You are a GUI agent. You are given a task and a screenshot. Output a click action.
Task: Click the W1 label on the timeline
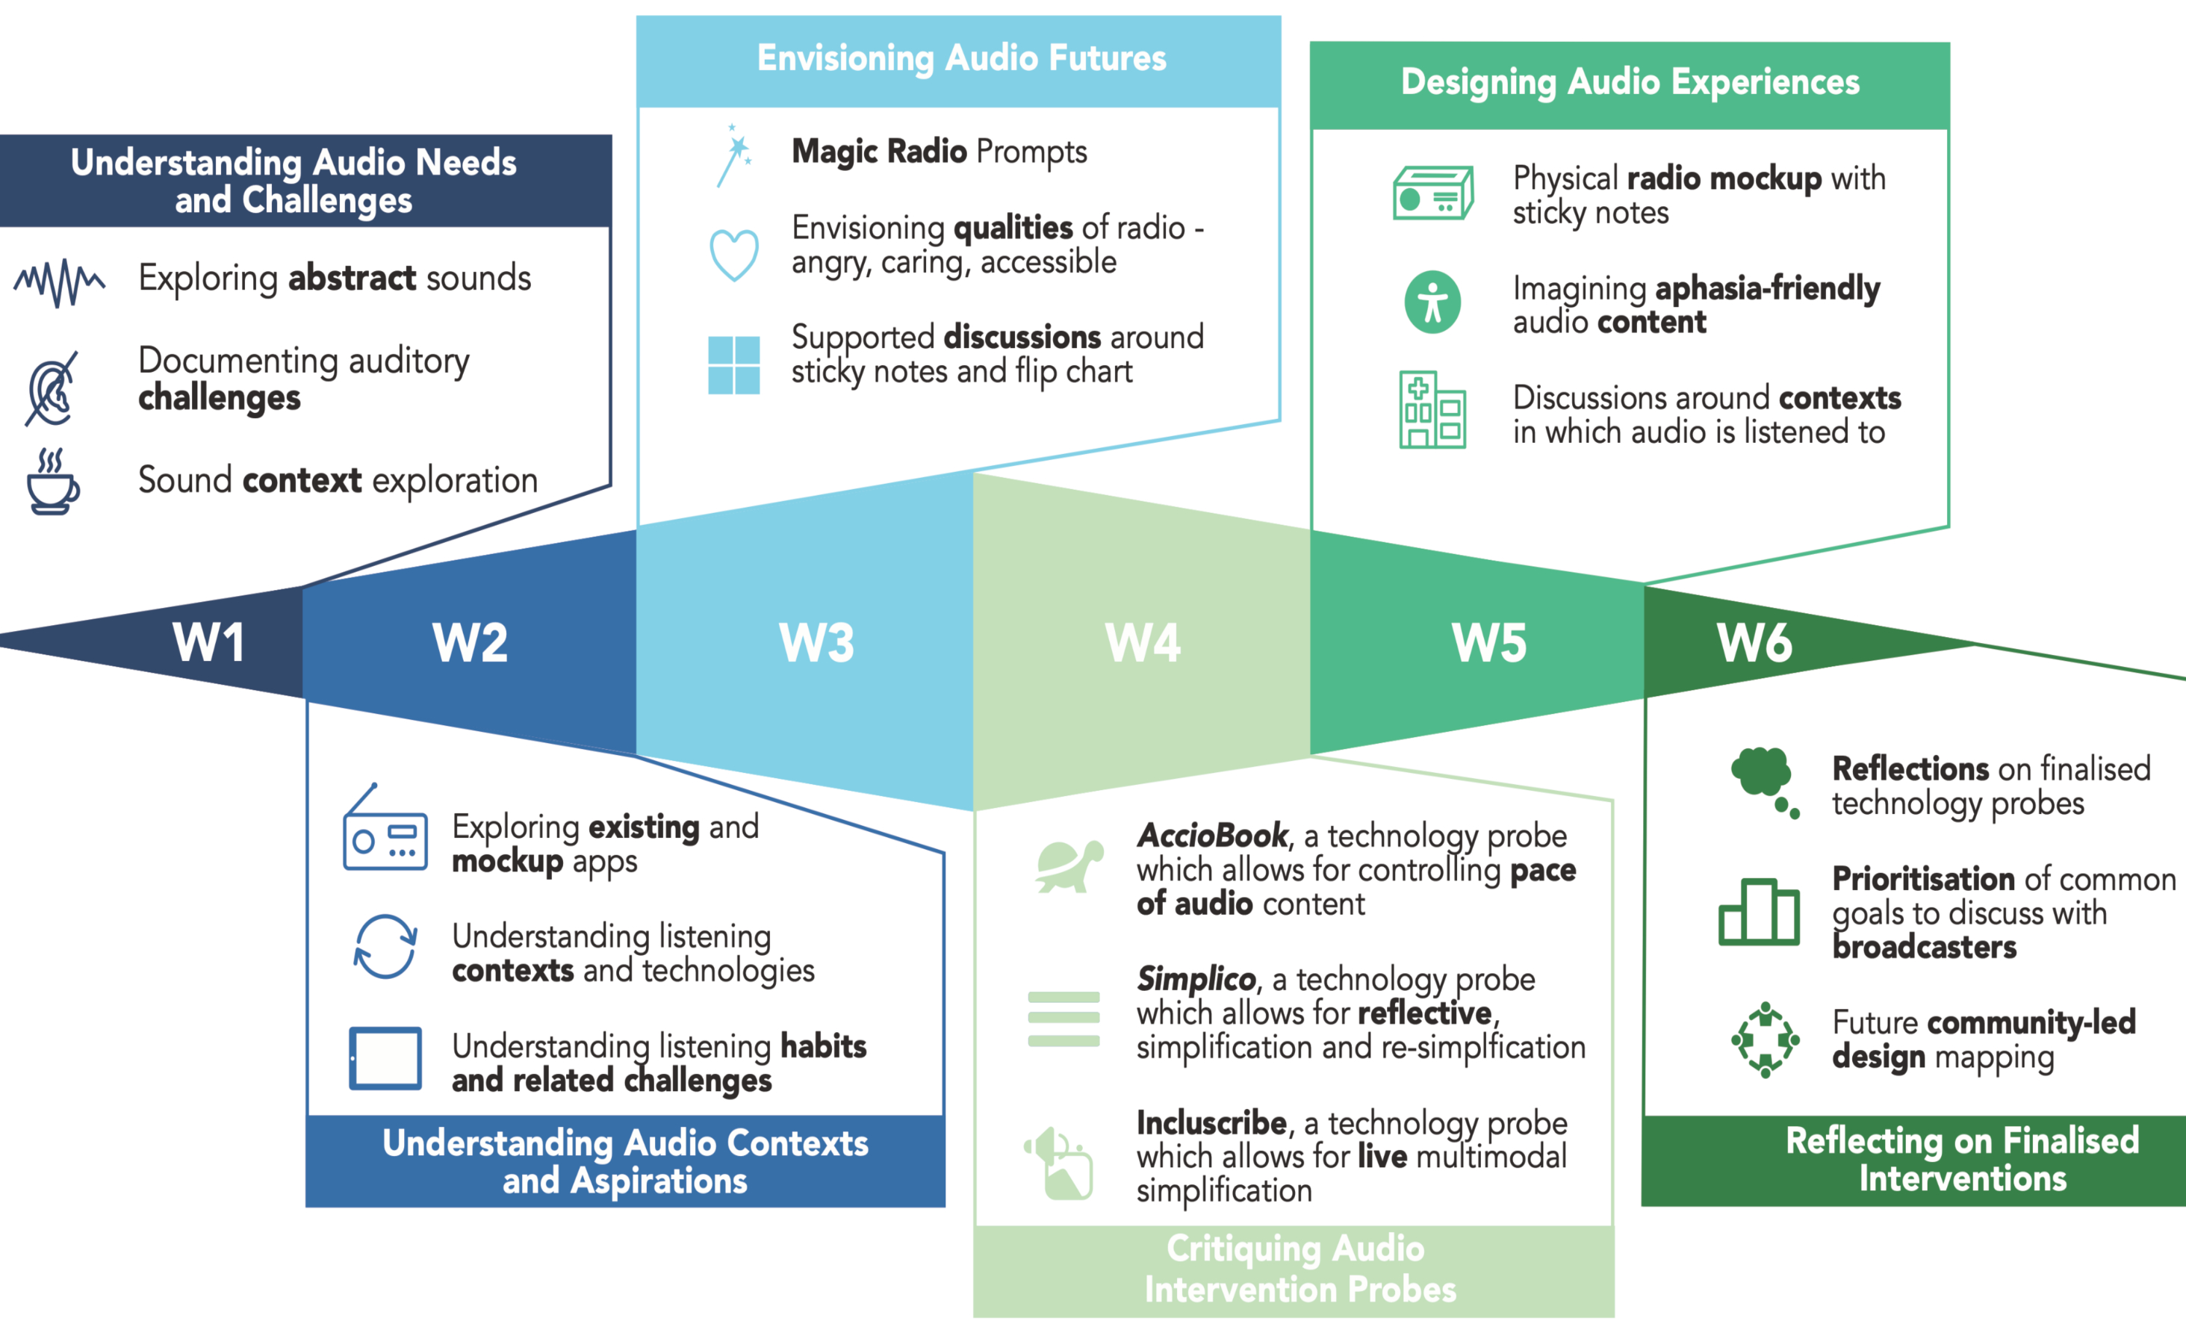(x=208, y=642)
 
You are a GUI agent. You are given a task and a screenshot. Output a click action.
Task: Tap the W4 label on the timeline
(x=1143, y=642)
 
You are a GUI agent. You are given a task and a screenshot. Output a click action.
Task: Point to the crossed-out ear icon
(x=52, y=388)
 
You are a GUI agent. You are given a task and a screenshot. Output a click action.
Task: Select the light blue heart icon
(x=733, y=255)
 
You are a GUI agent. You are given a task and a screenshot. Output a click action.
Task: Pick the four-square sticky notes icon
(x=733, y=364)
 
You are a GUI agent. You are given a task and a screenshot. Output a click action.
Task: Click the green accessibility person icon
(x=1432, y=302)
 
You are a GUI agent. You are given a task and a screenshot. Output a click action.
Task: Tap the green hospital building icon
(x=1432, y=410)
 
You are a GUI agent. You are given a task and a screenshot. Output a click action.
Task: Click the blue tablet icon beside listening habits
(x=385, y=1058)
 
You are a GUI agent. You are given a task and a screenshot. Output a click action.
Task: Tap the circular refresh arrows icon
(x=385, y=946)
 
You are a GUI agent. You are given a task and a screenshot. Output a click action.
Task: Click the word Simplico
(x=1196, y=979)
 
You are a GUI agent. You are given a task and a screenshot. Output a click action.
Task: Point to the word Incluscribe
(x=1211, y=1123)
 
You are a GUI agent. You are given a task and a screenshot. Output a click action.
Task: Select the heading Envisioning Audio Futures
(x=961, y=58)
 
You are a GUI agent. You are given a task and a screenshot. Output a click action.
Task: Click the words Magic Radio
(x=878, y=152)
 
